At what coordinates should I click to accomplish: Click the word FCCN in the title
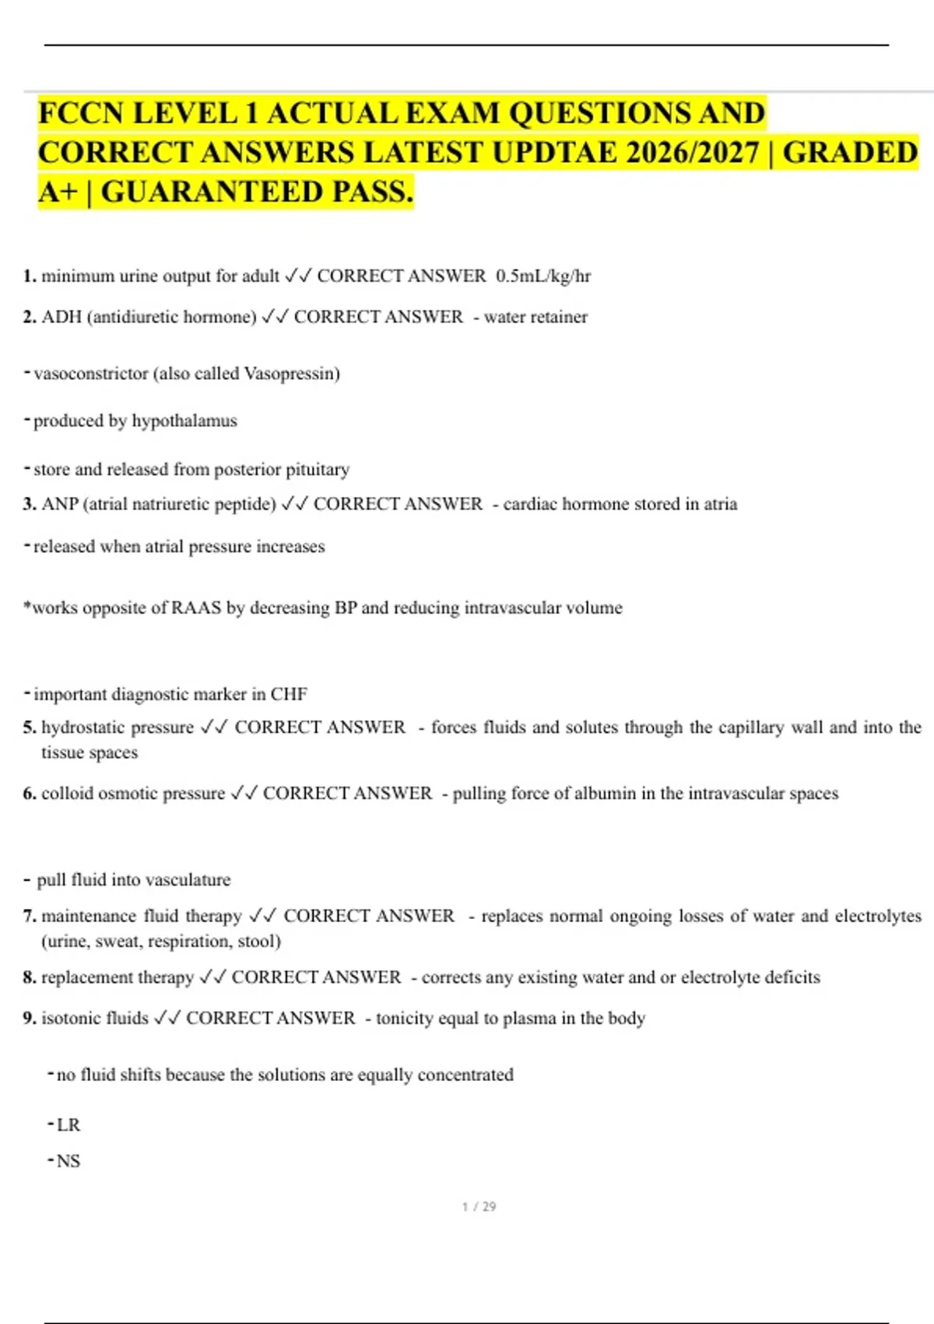pos(81,114)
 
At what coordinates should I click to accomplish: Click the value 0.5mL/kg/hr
pos(543,276)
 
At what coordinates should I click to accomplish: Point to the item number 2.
pos(30,317)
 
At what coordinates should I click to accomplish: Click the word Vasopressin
pos(291,374)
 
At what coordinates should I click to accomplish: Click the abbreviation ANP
pos(60,505)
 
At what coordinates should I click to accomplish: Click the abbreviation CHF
pos(289,694)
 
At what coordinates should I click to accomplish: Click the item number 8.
pos(30,977)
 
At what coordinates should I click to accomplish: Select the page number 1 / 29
pos(479,1206)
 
